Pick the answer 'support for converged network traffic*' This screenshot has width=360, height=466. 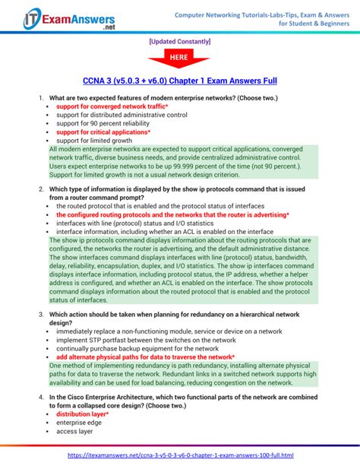112,106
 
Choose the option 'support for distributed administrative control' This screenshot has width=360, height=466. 122,115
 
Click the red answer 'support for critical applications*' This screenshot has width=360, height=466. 107,132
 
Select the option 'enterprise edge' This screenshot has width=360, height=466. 80,423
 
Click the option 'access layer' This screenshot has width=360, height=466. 76,431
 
